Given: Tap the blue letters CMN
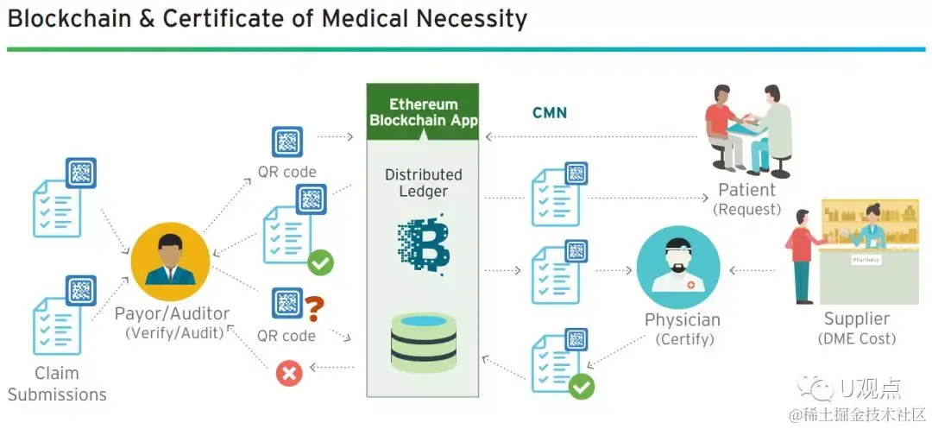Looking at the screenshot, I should [549, 113].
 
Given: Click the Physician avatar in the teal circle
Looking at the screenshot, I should [677, 267].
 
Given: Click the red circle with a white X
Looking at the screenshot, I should [288, 373].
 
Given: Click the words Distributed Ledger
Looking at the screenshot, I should [423, 182].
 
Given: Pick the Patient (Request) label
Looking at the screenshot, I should [746, 199].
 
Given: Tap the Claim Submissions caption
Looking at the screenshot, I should [57, 384].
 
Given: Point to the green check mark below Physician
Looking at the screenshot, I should [582, 387].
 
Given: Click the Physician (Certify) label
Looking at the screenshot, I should [682, 329].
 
